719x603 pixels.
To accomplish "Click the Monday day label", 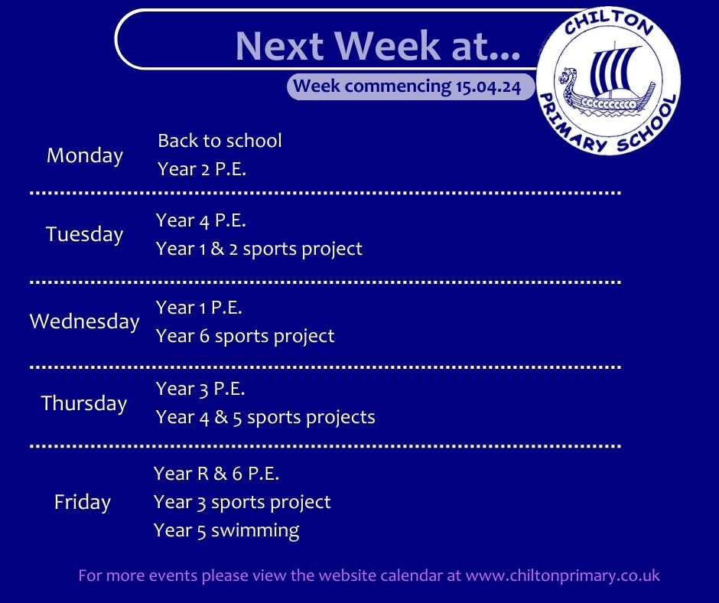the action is tap(85, 156).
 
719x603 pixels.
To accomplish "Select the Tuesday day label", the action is tap(85, 234).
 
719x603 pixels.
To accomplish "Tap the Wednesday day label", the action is tap(84, 321).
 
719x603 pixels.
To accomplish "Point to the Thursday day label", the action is tap(84, 403).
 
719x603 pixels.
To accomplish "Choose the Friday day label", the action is tap(83, 501).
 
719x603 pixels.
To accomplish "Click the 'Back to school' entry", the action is tap(220, 141).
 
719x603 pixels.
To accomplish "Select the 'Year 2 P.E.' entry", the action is tap(202, 169).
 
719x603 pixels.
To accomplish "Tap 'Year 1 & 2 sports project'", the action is tap(259, 249).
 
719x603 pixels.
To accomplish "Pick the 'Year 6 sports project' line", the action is tap(245, 337).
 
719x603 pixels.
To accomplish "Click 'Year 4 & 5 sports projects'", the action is tap(265, 418).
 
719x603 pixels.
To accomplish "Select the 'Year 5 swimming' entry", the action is tap(226, 531).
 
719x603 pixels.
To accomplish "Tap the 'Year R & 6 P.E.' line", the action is tap(216, 474).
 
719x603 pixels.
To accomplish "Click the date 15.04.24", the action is tap(488, 86).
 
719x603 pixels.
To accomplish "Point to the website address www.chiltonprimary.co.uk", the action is tap(563, 576).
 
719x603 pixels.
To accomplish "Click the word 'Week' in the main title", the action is tap(388, 45).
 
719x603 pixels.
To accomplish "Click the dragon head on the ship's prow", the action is tap(568, 77).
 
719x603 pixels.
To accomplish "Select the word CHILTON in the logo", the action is tap(609, 23).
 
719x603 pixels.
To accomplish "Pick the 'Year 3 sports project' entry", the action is tap(242, 503).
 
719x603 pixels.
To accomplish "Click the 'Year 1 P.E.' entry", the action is tap(199, 308).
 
